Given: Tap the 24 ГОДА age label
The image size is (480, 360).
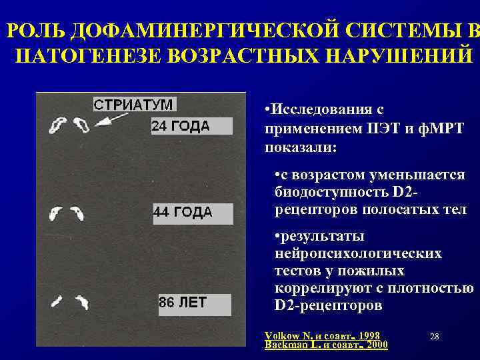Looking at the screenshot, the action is [x=180, y=126].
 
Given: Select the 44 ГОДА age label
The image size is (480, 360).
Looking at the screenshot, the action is [x=183, y=212].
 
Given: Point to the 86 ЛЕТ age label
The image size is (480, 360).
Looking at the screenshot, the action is [x=182, y=302].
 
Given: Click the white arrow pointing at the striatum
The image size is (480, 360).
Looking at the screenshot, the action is [x=113, y=119].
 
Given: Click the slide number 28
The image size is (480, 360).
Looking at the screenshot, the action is [x=434, y=337].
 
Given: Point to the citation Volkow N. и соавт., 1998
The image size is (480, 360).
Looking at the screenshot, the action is [x=322, y=335].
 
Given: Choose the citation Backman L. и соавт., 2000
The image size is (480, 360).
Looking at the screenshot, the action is [x=327, y=345].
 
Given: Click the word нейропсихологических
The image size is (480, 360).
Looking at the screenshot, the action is [x=358, y=254].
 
